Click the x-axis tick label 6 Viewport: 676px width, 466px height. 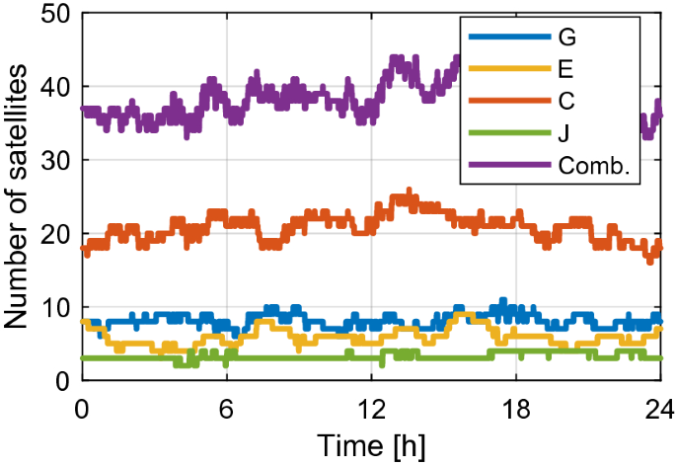point(226,406)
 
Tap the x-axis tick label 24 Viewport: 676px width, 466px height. point(658,406)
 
